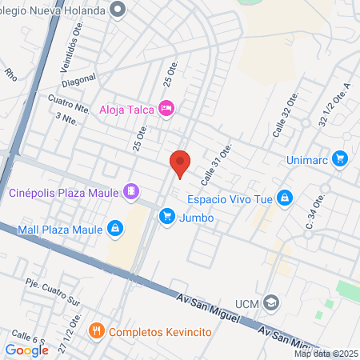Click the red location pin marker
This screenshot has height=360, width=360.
[180, 163]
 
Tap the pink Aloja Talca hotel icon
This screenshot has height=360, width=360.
[166, 108]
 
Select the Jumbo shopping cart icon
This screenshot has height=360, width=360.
[166, 216]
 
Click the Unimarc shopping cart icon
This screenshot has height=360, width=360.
[340, 158]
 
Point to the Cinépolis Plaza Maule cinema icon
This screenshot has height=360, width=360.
[131, 192]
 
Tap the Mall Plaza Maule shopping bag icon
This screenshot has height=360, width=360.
[115, 230]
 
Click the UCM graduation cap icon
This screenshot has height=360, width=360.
[271, 303]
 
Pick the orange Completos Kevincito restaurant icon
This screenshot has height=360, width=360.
[97, 330]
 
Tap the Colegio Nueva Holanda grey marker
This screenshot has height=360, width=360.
[119, 10]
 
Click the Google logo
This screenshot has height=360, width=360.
[26, 350]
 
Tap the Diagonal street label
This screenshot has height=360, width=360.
[78, 80]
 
